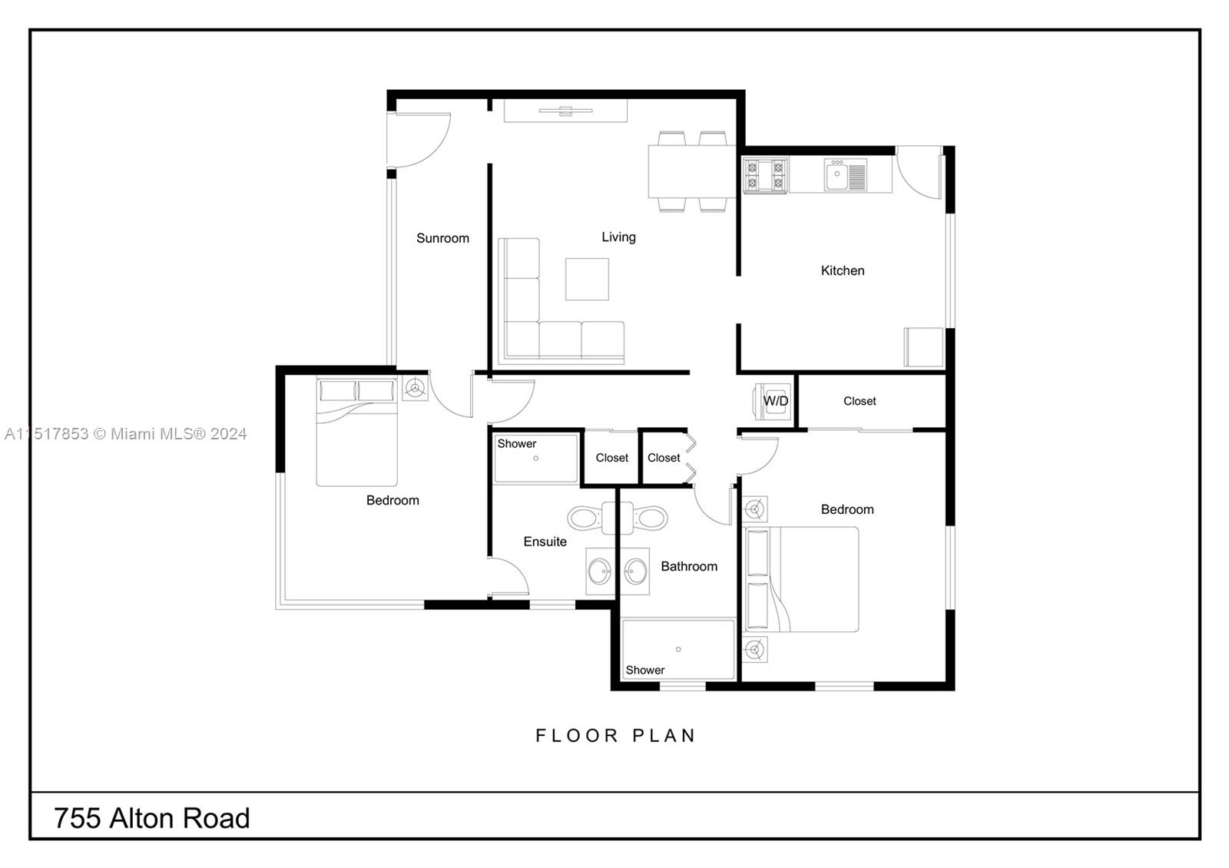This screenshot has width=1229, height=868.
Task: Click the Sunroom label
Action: pyautogui.click(x=442, y=238)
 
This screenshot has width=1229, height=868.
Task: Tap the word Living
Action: pyautogui.click(x=618, y=237)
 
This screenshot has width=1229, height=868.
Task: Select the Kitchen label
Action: pyautogui.click(x=843, y=270)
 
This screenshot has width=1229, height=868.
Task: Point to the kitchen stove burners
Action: pyautogui.click(x=765, y=175)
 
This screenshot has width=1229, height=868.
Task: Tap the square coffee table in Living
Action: pyautogui.click(x=587, y=279)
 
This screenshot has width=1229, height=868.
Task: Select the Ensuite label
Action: pyautogui.click(x=545, y=542)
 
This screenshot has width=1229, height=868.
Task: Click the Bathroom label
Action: pyautogui.click(x=689, y=566)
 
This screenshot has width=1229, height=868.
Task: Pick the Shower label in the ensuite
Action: pyautogui.click(x=516, y=443)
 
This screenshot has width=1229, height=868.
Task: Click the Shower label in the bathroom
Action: pyautogui.click(x=644, y=670)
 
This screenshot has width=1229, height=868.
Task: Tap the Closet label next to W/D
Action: pyautogui.click(x=860, y=401)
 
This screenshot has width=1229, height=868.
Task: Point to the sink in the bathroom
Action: pyautogui.click(x=635, y=571)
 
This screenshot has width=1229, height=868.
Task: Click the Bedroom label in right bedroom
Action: pyautogui.click(x=847, y=509)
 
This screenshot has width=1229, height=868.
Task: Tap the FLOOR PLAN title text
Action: pyautogui.click(x=615, y=736)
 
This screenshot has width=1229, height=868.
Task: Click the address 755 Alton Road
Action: pyautogui.click(x=152, y=818)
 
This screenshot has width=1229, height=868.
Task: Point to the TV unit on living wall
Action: pyautogui.click(x=565, y=111)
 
